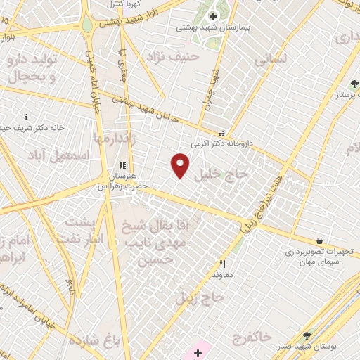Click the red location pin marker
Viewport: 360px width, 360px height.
pos(181,165)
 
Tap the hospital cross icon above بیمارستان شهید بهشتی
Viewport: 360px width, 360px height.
pos(212,16)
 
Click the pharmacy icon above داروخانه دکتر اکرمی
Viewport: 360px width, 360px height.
pos(223,134)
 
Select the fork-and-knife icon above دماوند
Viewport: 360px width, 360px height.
pos(222,264)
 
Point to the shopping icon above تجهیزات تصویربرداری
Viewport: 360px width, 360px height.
pos(320,240)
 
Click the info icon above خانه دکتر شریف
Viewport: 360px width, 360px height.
pos(27,117)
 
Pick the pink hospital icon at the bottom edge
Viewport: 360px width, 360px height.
pos(198,352)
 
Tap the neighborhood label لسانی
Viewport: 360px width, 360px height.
pos(271,61)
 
